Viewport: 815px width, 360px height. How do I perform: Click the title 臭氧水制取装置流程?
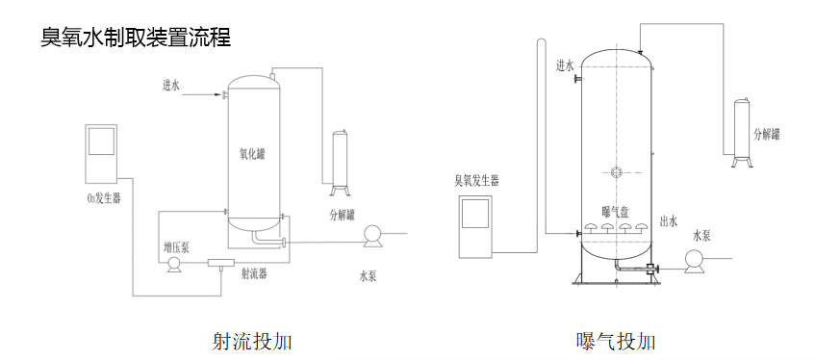(136, 39)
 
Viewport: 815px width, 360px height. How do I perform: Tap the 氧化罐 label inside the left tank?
(252, 152)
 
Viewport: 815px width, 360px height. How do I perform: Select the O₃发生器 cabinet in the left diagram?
(101, 154)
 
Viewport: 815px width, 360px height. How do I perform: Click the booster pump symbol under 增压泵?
(175, 264)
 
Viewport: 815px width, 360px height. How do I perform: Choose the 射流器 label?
(253, 273)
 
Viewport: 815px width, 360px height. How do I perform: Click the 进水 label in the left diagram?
(171, 85)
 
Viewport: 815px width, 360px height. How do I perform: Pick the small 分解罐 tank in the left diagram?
(340, 160)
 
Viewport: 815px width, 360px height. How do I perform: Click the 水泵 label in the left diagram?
(368, 276)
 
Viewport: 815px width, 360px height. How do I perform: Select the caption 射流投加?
(252, 341)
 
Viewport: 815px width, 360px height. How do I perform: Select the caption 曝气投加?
(616, 341)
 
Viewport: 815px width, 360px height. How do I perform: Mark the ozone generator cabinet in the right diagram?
(476, 225)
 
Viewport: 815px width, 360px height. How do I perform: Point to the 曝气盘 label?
(614, 211)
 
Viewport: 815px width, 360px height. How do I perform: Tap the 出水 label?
(670, 220)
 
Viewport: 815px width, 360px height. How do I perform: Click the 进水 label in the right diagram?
(565, 66)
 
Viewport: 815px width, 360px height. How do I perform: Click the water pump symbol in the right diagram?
(693, 258)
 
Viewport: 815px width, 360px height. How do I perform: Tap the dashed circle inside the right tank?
(616, 173)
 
